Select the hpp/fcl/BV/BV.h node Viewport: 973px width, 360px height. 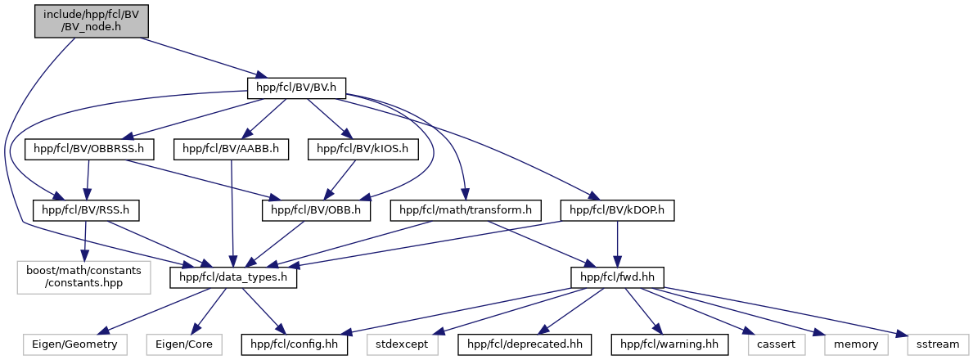[x=296, y=88]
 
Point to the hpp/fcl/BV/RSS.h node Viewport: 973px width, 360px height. [x=86, y=211]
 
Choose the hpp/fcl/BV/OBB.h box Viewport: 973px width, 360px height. [x=317, y=211]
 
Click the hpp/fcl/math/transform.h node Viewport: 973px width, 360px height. [x=466, y=211]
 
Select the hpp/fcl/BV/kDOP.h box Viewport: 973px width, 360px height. [x=617, y=211]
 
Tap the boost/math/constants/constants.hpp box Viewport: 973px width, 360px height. [x=83, y=277]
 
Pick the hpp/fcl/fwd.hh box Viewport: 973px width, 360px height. [x=617, y=277]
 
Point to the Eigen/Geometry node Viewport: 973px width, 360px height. [x=74, y=344]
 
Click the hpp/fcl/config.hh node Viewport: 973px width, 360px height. [x=295, y=344]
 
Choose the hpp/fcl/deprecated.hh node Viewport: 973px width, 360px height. [x=525, y=344]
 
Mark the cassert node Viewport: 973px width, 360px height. [x=776, y=344]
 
